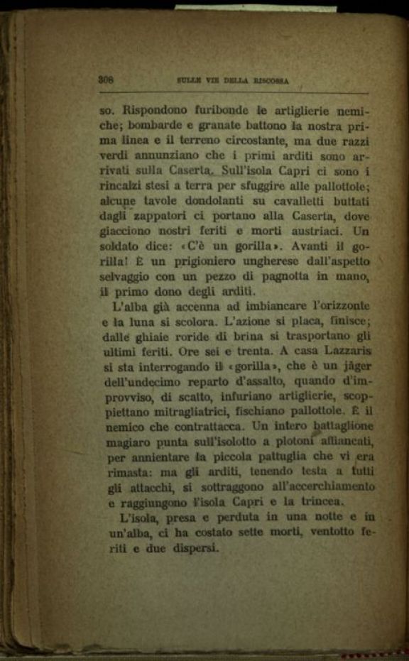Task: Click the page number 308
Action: point(107,80)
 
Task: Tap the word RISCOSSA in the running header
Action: point(271,81)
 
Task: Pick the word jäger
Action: point(356,367)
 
